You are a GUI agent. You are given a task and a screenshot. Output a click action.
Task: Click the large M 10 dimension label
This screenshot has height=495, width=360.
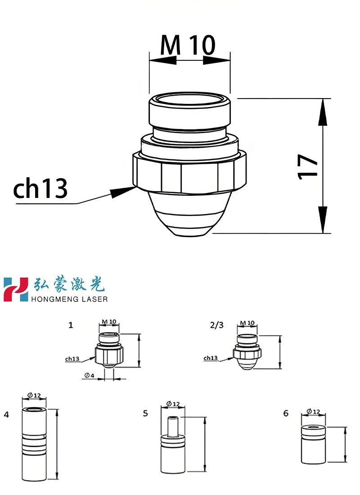188,45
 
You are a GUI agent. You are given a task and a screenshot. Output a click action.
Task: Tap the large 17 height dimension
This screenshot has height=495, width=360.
309,166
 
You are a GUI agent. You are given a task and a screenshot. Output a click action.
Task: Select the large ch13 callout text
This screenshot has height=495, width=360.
40,189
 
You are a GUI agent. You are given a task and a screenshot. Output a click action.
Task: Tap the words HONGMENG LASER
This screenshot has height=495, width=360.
70,299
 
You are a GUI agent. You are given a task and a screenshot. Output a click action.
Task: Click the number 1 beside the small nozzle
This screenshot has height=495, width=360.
71,324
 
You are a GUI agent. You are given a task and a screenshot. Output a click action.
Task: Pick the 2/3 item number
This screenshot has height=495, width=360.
216,324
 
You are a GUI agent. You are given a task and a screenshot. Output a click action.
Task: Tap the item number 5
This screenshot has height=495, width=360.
145,413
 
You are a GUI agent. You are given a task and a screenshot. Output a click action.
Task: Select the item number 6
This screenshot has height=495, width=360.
286,413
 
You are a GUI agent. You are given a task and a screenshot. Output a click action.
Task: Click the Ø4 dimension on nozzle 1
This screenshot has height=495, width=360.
89,375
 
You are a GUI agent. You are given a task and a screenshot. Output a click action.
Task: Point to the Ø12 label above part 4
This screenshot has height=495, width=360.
34,396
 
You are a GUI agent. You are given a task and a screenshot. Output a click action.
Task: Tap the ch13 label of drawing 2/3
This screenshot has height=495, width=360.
211,358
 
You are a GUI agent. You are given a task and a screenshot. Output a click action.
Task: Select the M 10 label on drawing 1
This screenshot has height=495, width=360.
109,322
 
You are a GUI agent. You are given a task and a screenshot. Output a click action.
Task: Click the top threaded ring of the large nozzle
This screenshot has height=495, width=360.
190,112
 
